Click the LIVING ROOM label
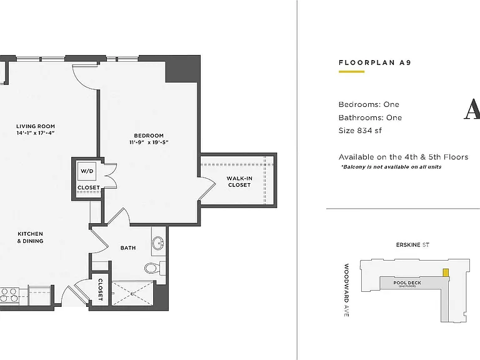click(36, 126)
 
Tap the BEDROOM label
click(149, 135)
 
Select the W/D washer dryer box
click(87, 171)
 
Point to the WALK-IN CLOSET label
click(239, 181)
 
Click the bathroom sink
click(158, 242)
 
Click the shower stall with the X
click(132, 293)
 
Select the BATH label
click(128, 247)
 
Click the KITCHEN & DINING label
click(30, 237)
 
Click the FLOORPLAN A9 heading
click(375, 62)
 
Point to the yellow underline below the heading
click(351, 72)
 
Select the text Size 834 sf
click(360, 131)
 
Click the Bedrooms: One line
click(369, 104)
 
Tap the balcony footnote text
click(391, 167)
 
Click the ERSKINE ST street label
click(412, 245)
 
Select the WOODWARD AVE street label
click(346, 290)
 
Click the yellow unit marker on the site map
click(446, 272)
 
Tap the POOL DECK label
click(407, 283)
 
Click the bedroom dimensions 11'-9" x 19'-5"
click(149, 142)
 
